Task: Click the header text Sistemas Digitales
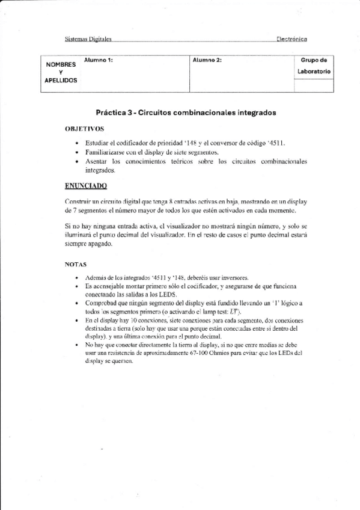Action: (88, 39)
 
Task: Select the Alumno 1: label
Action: (99, 60)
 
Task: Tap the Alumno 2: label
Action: (207, 60)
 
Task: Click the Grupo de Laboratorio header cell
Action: (313, 66)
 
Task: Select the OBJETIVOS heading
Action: (84, 129)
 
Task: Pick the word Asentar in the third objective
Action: (96, 162)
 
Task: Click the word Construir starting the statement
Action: (79, 201)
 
